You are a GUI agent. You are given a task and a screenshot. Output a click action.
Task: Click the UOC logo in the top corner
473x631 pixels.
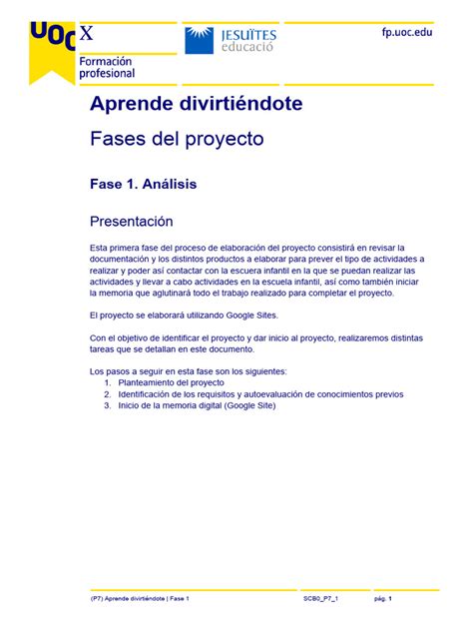(x=50, y=36)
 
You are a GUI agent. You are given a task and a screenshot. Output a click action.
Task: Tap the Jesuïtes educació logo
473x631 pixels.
(x=231, y=40)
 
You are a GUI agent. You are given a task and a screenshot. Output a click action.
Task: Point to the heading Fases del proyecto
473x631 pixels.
(x=177, y=139)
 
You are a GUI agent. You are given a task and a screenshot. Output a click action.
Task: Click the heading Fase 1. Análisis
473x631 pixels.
(x=143, y=184)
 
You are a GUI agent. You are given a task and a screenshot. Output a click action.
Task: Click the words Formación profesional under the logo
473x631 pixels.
(x=106, y=67)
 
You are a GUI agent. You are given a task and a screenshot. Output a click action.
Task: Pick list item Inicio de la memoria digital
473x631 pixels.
(x=196, y=405)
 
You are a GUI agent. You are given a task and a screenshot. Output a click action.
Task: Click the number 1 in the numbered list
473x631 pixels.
(x=108, y=382)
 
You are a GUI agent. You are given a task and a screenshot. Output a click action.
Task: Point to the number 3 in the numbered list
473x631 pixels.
(x=108, y=405)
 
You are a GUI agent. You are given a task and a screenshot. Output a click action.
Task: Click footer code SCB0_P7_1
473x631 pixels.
(x=321, y=598)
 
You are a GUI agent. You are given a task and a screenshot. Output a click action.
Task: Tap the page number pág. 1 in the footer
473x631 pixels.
(x=382, y=598)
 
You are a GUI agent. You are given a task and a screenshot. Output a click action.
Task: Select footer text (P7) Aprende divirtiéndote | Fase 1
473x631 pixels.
(x=140, y=598)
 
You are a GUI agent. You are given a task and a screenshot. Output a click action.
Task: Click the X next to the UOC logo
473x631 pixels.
(x=88, y=34)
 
